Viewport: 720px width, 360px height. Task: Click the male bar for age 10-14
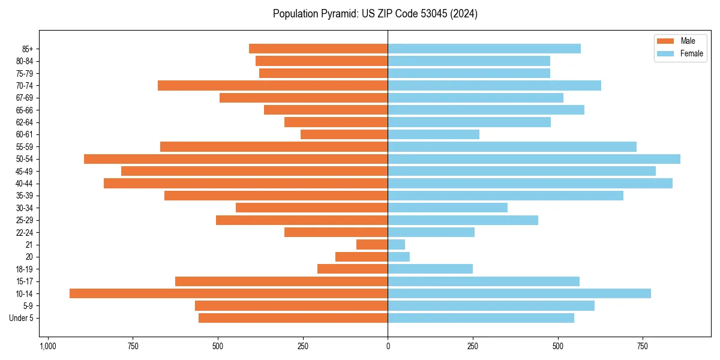coord(228,293)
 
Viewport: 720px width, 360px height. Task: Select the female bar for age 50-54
coord(534,159)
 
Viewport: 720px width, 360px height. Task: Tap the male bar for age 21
coord(372,244)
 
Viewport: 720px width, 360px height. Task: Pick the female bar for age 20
coord(398,257)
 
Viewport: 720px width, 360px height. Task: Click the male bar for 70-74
coord(273,85)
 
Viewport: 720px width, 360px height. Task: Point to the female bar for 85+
coord(484,49)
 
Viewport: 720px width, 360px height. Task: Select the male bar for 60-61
coord(344,134)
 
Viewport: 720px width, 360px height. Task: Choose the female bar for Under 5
coord(481,318)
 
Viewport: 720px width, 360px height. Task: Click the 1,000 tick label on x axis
coord(48,347)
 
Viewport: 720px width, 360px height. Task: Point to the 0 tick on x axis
coord(388,347)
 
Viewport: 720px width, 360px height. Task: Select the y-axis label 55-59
coord(25,146)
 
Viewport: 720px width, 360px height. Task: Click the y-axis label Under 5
coord(22,318)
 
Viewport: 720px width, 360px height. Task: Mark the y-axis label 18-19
coord(25,269)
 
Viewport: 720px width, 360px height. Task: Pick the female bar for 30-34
coord(448,208)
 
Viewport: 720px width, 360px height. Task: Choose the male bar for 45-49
coord(254,171)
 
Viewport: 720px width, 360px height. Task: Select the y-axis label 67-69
coord(25,98)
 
